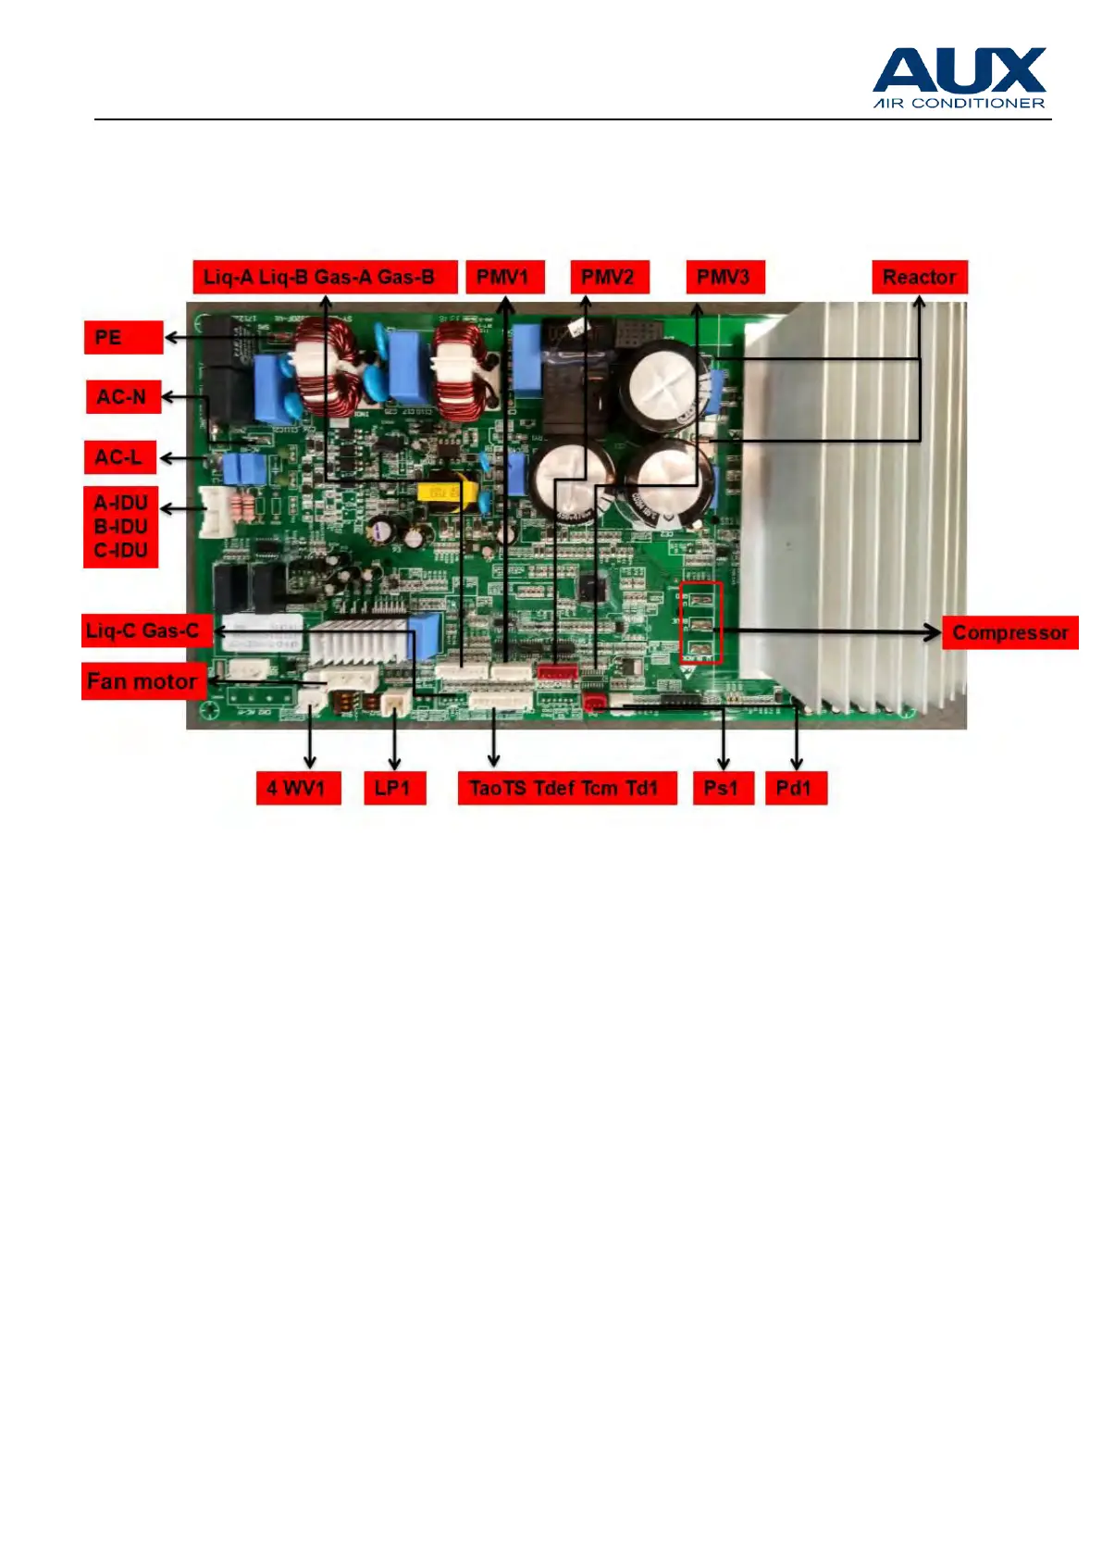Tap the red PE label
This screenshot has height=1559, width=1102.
click(x=123, y=337)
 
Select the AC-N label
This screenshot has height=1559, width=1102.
click(x=122, y=397)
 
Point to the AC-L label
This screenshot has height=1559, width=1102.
click(x=119, y=457)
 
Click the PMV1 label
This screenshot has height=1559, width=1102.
click(x=504, y=277)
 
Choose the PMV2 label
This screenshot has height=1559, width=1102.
click(x=609, y=277)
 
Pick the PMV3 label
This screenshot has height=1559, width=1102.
click(x=724, y=277)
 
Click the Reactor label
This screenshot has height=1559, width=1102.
click(x=919, y=277)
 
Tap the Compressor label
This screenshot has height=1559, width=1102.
click(x=1009, y=633)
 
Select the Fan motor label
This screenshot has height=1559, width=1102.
click(x=142, y=681)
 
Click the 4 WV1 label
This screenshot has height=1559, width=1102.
click(x=297, y=788)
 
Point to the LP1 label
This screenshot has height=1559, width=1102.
click(x=393, y=788)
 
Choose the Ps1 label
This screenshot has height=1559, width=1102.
click(x=722, y=788)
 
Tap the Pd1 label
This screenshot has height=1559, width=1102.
click(x=795, y=788)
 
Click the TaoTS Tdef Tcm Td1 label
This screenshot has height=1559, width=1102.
click(x=566, y=788)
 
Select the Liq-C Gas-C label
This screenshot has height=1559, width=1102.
click(x=145, y=630)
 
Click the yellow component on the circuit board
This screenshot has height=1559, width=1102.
click(x=440, y=493)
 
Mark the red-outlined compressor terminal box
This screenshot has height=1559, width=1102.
click(x=700, y=623)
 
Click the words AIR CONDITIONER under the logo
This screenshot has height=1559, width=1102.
click(x=959, y=103)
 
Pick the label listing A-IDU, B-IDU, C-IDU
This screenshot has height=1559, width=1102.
click(x=120, y=527)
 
